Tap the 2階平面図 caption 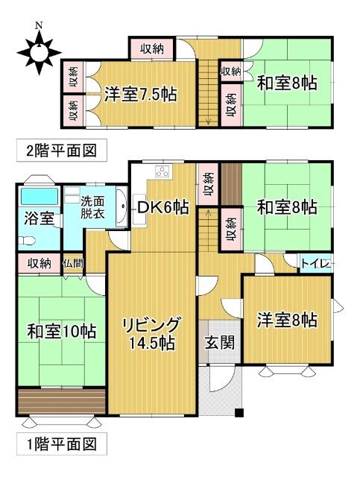coord(62,150)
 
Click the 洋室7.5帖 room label coord(140,95)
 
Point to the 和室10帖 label coord(62,330)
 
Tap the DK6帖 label coord(162,208)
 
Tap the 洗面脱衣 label coord(92,206)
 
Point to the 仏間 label coord(73,263)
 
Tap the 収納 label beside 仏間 coord(40,263)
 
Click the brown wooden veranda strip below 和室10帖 coord(60,400)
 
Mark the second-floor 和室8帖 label coord(287,83)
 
